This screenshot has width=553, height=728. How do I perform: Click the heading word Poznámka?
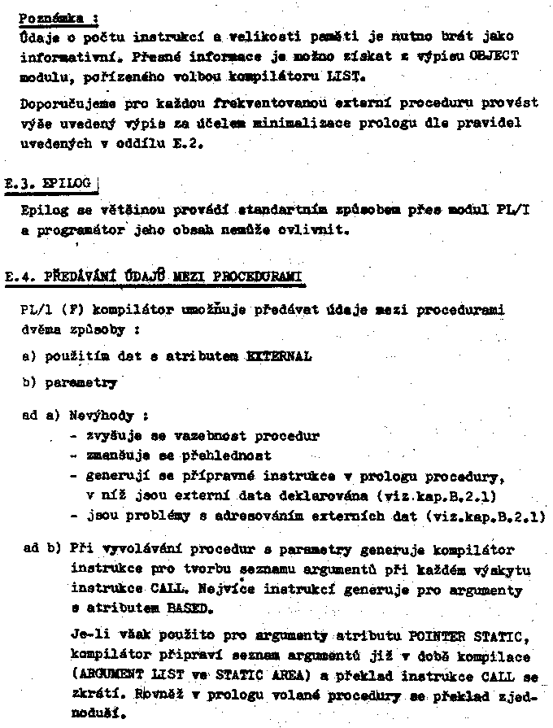[45, 17]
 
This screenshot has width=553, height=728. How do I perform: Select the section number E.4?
[20, 277]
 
